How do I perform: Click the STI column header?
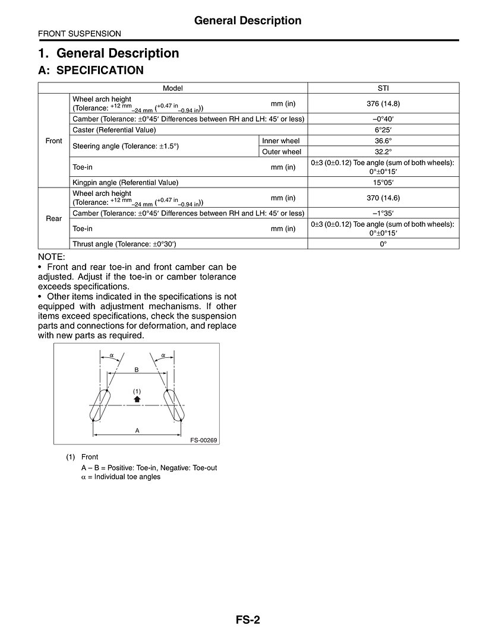pyautogui.click(x=383, y=88)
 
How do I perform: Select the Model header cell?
pyautogui.click(x=173, y=88)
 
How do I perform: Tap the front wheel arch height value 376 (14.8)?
pyautogui.click(x=383, y=103)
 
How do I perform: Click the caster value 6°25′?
pyautogui.click(x=383, y=130)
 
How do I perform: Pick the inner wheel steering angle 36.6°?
pyautogui.click(x=383, y=141)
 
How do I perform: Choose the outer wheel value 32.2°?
pyautogui.click(x=383, y=151)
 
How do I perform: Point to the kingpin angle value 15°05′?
pyautogui.click(x=383, y=182)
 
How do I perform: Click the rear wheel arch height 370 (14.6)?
pyautogui.click(x=383, y=198)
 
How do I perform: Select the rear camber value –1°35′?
pyautogui.click(x=383, y=213)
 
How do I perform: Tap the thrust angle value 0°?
pyautogui.click(x=383, y=244)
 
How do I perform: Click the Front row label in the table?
pyautogui.click(x=53, y=141)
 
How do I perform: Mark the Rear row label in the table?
pyautogui.click(x=53, y=218)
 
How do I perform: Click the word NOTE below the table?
pyautogui.click(x=51, y=256)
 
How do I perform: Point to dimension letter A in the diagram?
pyautogui.click(x=137, y=430)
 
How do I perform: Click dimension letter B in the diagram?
pyautogui.click(x=136, y=370)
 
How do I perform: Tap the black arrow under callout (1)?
pyautogui.click(x=137, y=399)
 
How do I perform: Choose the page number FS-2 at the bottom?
pyautogui.click(x=248, y=620)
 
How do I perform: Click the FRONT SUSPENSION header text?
pyautogui.click(x=80, y=34)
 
